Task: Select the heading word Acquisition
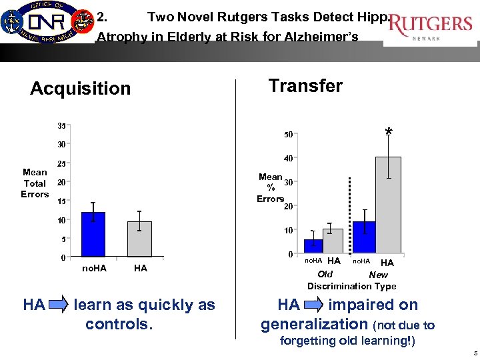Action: [81, 89]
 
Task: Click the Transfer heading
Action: [305, 86]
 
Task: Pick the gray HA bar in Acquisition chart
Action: [139, 239]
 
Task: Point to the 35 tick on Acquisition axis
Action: [61, 125]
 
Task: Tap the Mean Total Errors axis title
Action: [35, 183]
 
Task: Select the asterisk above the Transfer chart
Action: [389, 133]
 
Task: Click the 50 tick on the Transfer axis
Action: [288, 134]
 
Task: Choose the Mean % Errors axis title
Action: [270, 187]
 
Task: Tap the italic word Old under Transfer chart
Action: [325, 275]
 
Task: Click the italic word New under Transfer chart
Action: [378, 275]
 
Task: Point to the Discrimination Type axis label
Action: [351, 286]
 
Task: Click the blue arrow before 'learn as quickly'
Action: [59, 306]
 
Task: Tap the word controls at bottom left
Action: [117, 325]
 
